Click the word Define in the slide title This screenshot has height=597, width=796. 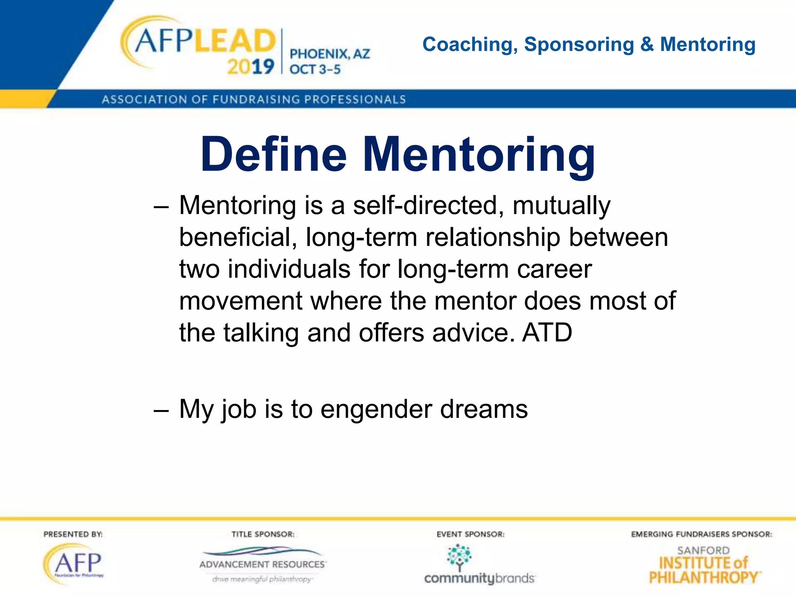(273, 154)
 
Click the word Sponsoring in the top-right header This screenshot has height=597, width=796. (579, 45)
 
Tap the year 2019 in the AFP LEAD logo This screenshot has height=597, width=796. (251, 67)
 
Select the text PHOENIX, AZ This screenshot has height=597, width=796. (330, 54)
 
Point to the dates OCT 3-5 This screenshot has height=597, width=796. (315, 70)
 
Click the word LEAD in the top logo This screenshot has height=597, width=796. (235, 41)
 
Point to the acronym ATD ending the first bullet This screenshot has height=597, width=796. (547, 333)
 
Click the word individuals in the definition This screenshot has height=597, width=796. (289, 269)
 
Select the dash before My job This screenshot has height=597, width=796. (161, 410)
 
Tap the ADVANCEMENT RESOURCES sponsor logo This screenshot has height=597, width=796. (263, 564)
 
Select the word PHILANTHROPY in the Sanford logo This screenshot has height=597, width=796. (703, 578)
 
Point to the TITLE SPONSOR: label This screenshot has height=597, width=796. (263, 534)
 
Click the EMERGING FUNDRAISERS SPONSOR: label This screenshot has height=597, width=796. (702, 534)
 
